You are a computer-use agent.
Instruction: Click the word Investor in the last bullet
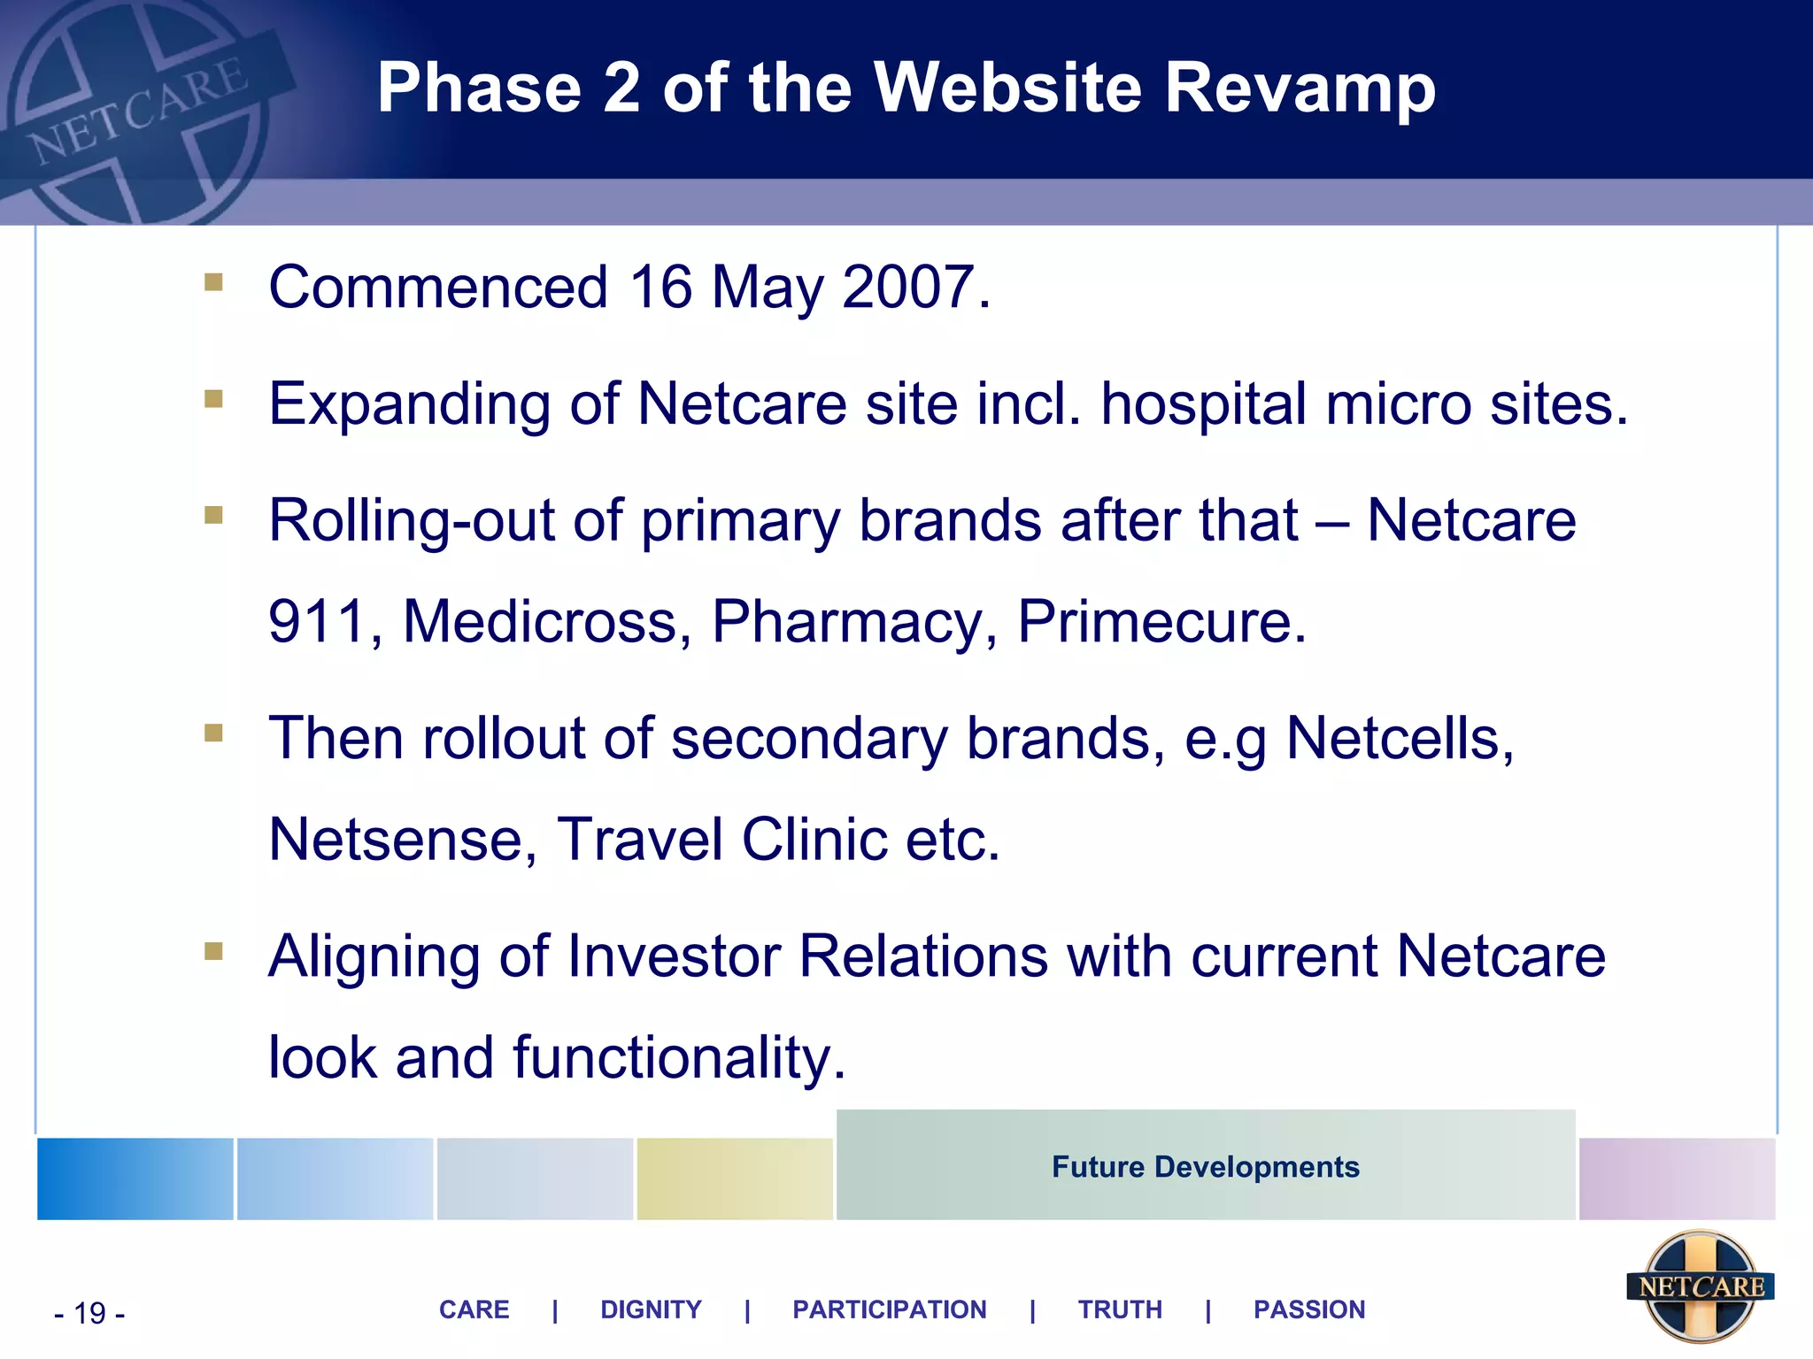coord(674,956)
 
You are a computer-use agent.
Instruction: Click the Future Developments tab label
coord(1205,1167)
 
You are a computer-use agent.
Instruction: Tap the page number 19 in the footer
coord(89,1313)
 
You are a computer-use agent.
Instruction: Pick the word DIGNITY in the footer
coord(651,1309)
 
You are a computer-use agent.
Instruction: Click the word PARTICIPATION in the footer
coord(889,1309)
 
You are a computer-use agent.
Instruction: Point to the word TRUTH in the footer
coord(1120,1309)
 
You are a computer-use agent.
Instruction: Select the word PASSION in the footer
coord(1309,1309)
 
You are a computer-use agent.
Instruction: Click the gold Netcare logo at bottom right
coord(1700,1286)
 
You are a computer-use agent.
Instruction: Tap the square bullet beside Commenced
coord(213,282)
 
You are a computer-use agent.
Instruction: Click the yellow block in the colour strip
coord(734,1179)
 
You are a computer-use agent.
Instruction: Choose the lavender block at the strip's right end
coord(1677,1179)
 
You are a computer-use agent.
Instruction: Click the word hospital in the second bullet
coord(1204,404)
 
